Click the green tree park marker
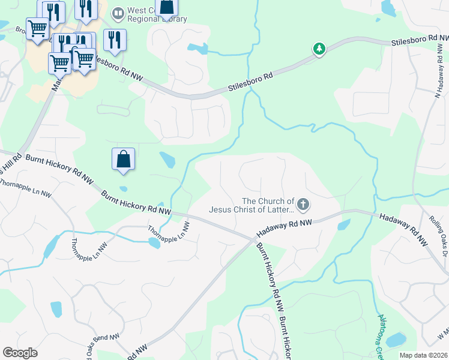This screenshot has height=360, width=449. point(319,49)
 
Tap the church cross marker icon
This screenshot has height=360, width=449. point(303,205)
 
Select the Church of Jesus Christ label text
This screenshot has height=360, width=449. point(252,205)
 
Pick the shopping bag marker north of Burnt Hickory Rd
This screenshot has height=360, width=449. point(123,160)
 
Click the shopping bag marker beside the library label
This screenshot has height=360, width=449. point(167,8)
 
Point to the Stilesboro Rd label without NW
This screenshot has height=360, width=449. point(250,83)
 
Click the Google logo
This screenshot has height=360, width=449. point(20,353)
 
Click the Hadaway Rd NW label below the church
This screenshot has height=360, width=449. point(285,227)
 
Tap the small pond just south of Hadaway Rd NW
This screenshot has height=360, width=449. point(343,225)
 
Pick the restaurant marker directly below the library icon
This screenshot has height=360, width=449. point(113,40)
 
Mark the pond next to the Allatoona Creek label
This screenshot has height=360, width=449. point(396,340)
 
